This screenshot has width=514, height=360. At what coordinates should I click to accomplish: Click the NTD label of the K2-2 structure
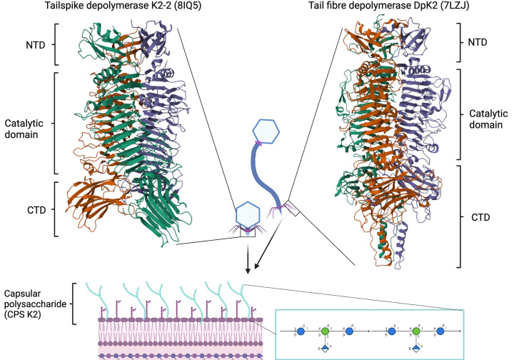(31, 44)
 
